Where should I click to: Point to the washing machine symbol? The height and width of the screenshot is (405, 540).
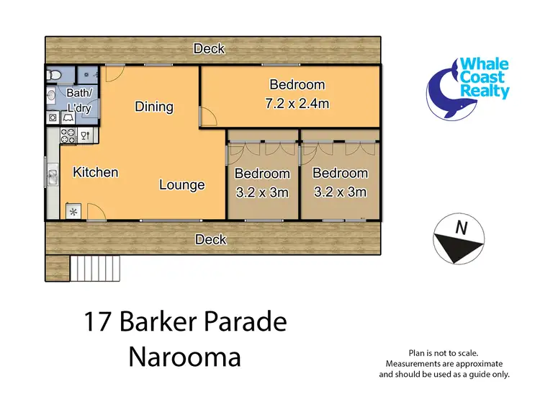[x=53, y=117]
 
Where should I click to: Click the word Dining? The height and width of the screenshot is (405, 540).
[x=154, y=107]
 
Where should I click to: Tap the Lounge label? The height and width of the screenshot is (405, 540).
[x=181, y=185]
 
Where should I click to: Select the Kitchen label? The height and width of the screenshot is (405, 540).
[x=96, y=172]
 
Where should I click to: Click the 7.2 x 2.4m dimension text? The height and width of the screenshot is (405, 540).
[x=297, y=103]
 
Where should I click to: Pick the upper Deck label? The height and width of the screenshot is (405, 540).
[x=210, y=49]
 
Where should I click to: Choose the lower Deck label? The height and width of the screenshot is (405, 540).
[x=211, y=239]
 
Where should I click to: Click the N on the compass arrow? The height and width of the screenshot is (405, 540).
[x=461, y=228]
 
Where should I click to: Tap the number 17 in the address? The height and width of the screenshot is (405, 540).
[x=99, y=322]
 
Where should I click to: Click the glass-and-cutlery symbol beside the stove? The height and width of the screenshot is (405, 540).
[x=85, y=135]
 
